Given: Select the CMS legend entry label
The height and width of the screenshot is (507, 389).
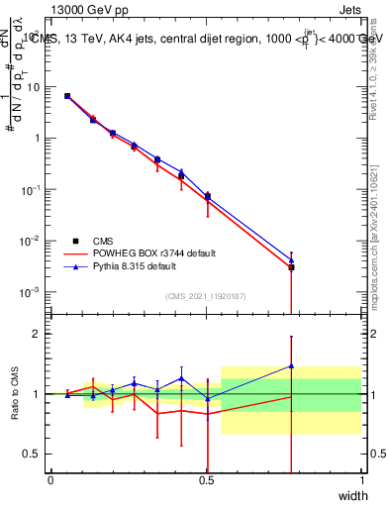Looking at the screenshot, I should click(x=103, y=241).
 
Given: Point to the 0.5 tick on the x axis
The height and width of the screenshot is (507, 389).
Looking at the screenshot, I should click(x=206, y=480).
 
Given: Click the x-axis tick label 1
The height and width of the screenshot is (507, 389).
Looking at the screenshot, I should click(x=361, y=480).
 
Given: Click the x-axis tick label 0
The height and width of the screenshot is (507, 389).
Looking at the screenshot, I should click(x=50, y=480).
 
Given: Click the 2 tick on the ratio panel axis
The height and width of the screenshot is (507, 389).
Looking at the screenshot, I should click(x=37, y=335).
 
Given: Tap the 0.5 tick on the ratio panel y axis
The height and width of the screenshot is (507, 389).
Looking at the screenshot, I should click(x=33, y=454).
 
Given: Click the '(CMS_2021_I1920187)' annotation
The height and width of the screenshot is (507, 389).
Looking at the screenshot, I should click(x=206, y=296).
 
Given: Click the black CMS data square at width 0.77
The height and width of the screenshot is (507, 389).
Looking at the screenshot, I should click(x=291, y=267).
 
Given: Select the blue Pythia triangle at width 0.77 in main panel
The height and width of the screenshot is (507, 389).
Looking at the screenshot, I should click(x=291, y=259).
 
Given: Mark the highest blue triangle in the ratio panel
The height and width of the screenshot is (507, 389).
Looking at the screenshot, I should click(x=291, y=366).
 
